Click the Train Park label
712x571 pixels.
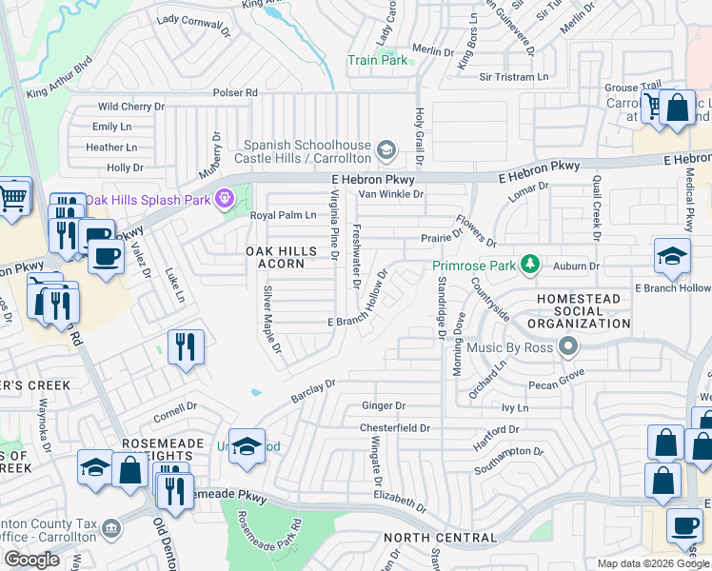tap(378, 60)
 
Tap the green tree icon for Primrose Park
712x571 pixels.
tap(535, 264)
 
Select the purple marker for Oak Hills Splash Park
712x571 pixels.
tap(225, 199)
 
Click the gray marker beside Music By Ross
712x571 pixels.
tap(570, 345)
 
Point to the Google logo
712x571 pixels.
tap(31, 560)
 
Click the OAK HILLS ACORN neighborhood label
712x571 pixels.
tap(275, 257)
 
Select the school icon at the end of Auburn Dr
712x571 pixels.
tap(672, 255)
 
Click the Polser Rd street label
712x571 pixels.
tap(236, 93)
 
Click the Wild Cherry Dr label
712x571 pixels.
tap(131, 108)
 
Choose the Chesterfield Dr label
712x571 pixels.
tap(394, 428)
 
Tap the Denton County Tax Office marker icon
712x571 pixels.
tap(111, 527)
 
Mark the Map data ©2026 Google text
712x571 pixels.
tap(653, 563)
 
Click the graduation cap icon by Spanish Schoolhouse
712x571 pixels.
tap(386, 149)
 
